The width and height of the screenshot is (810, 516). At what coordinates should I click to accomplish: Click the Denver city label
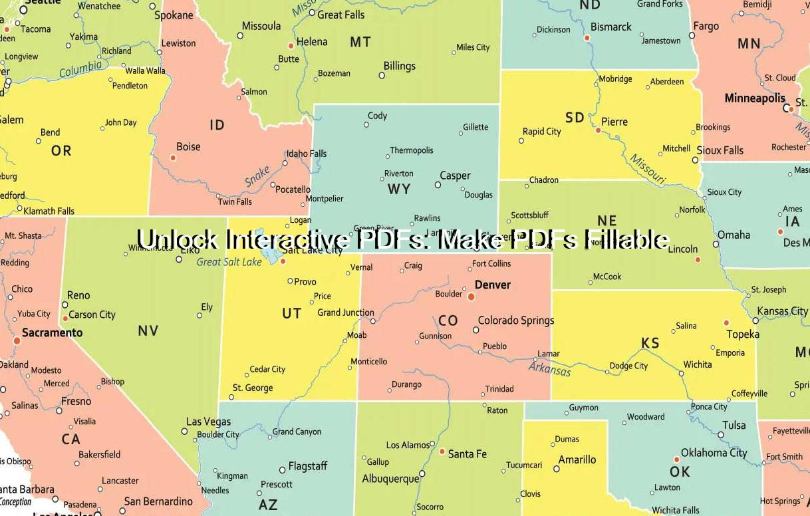[x=493, y=285]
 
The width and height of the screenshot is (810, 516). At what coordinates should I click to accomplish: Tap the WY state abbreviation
[x=399, y=190]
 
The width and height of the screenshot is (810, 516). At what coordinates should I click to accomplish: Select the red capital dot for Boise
[x=173, y=158]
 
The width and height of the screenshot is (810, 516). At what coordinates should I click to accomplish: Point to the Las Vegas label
[x=208, y=422]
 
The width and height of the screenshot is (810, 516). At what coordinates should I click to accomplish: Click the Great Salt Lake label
[x=229, y=262]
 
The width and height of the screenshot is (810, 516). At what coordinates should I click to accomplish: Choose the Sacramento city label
[x=53, y=332]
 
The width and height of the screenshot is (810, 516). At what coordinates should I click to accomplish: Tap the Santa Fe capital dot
[x=442, y=451]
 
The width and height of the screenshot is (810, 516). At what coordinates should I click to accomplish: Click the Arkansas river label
[x=550, y=367]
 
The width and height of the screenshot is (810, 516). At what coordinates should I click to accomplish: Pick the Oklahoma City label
[x=714, y=453]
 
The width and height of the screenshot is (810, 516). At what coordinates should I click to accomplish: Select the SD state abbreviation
[x=575, y=118]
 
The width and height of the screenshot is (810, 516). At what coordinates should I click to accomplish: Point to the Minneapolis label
[x=755, y=98]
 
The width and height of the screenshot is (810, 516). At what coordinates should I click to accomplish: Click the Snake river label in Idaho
[x=257, y=177]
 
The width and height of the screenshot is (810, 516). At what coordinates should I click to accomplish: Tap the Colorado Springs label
[x=516, y=321]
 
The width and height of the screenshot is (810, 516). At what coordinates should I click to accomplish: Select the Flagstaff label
[x=308, y=467]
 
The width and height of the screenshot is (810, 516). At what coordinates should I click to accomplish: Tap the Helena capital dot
[x=291, y=46]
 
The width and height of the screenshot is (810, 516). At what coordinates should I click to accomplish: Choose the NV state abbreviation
[x=148, y=330]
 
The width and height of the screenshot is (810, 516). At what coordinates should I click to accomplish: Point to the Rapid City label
[x=541, y=132]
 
